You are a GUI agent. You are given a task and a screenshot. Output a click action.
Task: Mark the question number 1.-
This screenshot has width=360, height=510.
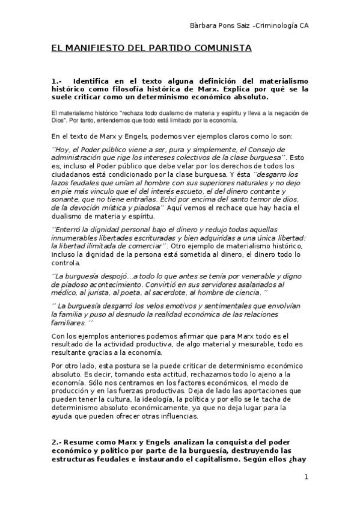point(57,81)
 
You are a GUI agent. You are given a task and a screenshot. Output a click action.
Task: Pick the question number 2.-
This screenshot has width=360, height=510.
point(57,443)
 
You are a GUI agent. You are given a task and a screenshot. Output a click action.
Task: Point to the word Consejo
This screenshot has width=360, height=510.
point(266,149)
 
